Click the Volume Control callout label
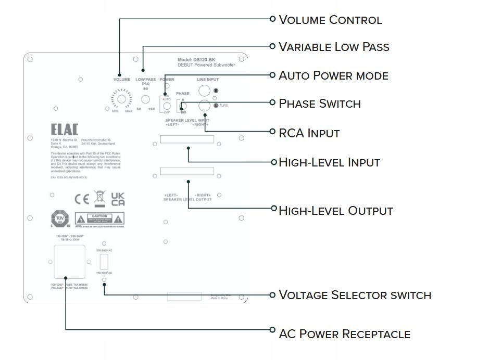pos(330,20)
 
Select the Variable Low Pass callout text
pos(334,47)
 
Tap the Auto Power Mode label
pos(333,75)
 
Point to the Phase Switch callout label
pos(320,104)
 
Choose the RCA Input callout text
pos(309,133)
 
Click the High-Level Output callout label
pos(335,211)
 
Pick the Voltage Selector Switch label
pos(355,295)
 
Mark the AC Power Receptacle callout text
pos(344,334)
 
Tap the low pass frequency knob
pos(146,99)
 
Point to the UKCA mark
pos(118,199)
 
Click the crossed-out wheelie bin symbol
pos(98,199)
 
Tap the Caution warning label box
pos(100,218)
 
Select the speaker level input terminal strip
pos(187,140)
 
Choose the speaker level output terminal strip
pos(187,171)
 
